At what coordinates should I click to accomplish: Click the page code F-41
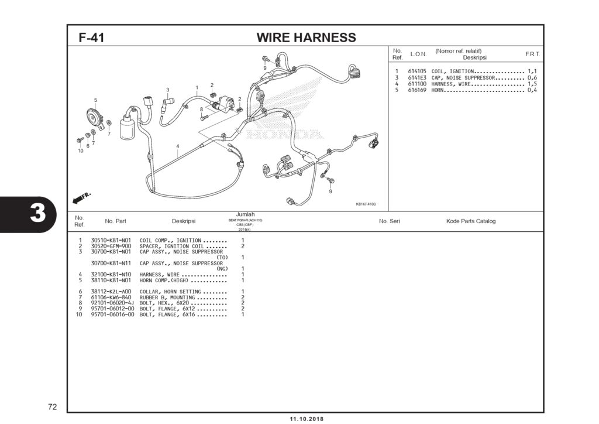(x=91, y=38)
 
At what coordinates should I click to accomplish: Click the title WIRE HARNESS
(x=306, y=38)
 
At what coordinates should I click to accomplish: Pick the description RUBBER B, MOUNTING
(x=167, y=298)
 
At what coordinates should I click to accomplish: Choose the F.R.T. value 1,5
(x=532, y=84)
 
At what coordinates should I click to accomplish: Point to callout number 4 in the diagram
(x=177, y=146)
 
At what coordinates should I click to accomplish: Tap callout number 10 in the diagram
(x=80, y=151)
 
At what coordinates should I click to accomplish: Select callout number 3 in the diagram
(x=167, y=90)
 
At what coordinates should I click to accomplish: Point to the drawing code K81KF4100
(x=366, y=204)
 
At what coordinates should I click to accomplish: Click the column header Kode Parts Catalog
(x=470, y=221)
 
